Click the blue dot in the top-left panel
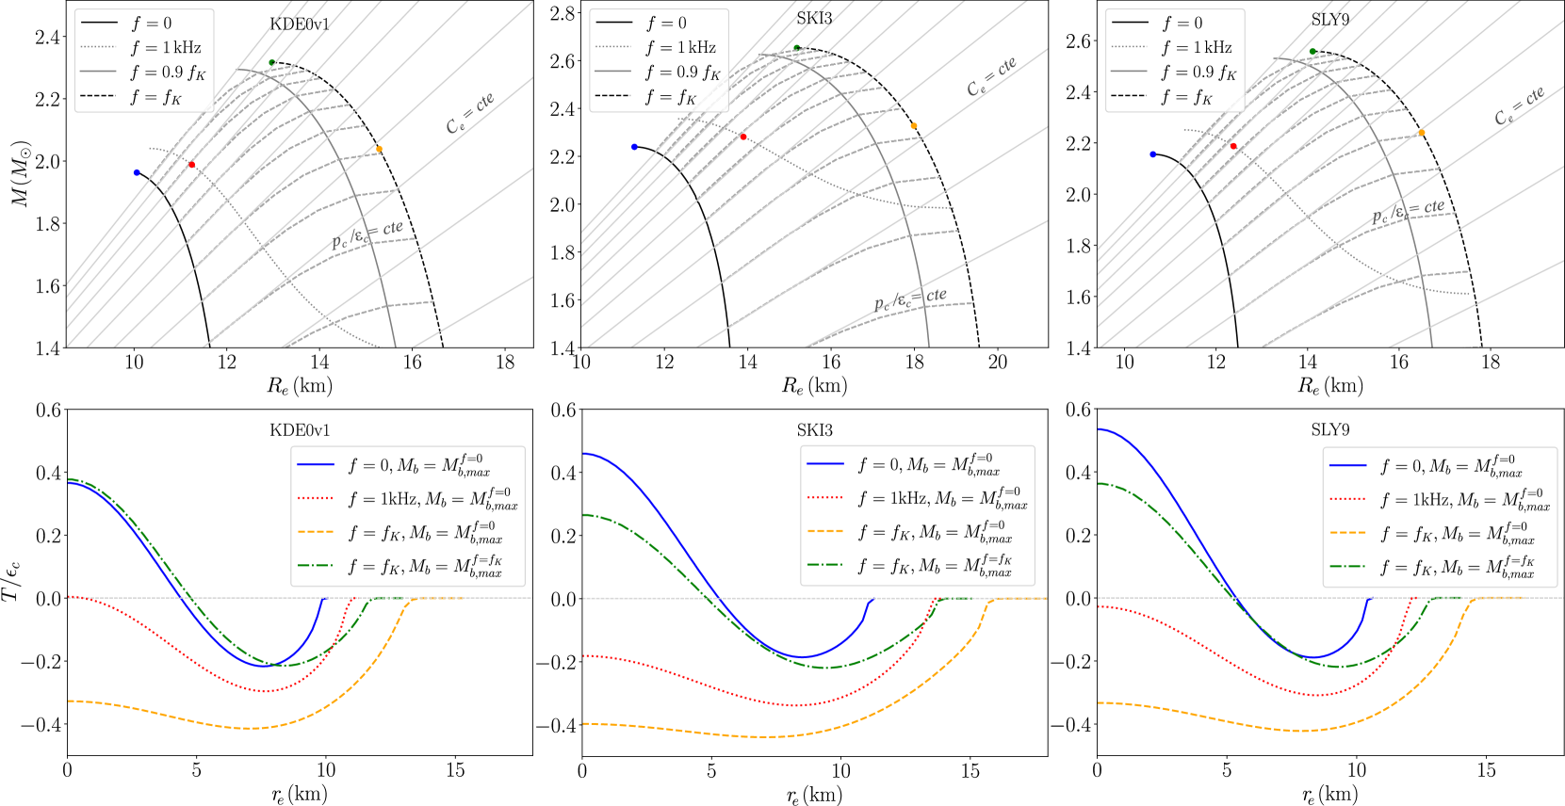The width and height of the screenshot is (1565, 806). pos(137,173)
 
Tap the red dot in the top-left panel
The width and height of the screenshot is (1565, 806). pos(192,165)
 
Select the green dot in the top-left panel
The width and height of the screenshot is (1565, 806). pos(271,63)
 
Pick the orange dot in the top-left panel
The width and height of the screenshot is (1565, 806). pos(379,149)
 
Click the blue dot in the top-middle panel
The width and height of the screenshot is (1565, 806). pos(634,147)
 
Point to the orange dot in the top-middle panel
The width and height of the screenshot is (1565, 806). pos(913,126)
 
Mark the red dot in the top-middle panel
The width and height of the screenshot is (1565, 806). pos(743,137)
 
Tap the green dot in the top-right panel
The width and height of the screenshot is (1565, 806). pos(1312,52)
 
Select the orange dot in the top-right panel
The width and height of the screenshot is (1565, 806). pos(1422,133)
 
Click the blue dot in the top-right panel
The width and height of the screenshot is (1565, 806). pos(1152,153)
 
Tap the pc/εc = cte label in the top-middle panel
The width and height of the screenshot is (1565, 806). pos(910,299)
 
